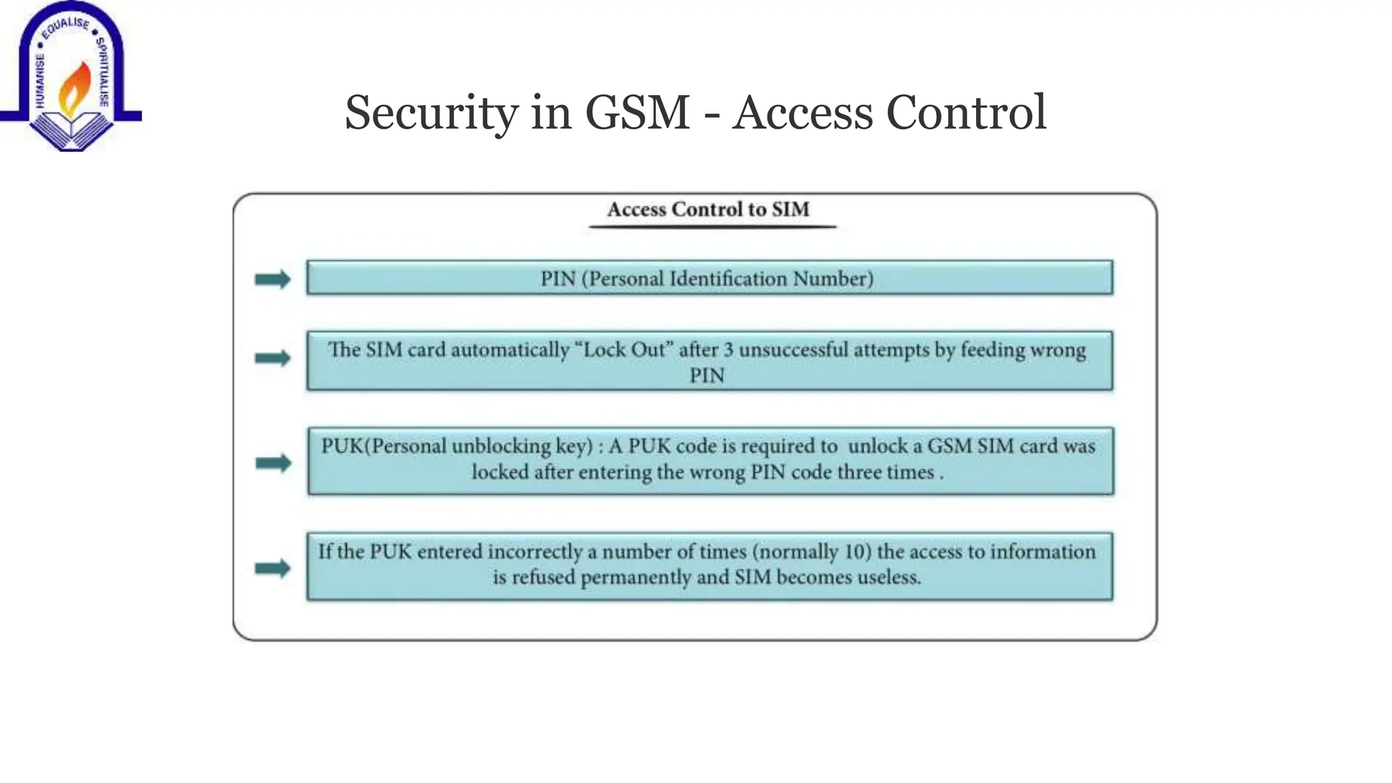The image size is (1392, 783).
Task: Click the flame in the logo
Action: click(x=74, y=88)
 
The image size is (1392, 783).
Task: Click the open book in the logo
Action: click(x=71, y=129)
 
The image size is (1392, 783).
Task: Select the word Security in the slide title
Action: click(x=431, y=113)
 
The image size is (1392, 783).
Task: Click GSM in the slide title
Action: click(x=637, y=113)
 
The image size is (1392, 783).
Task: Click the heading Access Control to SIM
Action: click(x=708, y=209)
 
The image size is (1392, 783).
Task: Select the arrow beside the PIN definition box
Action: click(x=273, y=279)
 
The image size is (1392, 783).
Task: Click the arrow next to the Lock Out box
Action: click(x=273, y=358)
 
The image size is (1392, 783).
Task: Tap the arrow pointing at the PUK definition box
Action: click(x=273, y=463)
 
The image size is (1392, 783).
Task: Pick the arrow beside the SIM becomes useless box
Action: click(x=273, y=568)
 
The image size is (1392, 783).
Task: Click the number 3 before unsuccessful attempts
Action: click(x=728, y=350)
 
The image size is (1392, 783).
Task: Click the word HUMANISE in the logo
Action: click(x=39, y=81)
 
